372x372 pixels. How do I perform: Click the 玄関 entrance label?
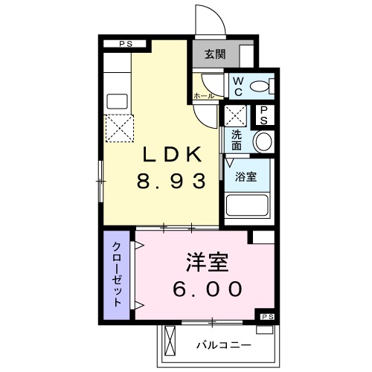click(x=215, y=54)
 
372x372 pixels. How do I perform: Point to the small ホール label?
click(x=204, y=96)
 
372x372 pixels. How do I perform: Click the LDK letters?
click(x=171, y=155)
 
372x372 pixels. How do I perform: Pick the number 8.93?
click(x=170, y=182)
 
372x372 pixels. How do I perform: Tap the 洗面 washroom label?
click(x=236, y=140)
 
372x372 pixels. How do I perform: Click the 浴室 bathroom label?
click(x=246, y=177)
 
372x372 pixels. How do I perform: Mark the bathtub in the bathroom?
click(x=248, y=206)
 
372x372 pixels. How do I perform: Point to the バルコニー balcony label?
click(x=224, y=345)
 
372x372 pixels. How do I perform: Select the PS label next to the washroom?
click(x=263, y=115)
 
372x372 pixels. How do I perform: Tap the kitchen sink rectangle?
click(x=118, y=100)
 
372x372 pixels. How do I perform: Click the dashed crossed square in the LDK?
click(x=118, y=129)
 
